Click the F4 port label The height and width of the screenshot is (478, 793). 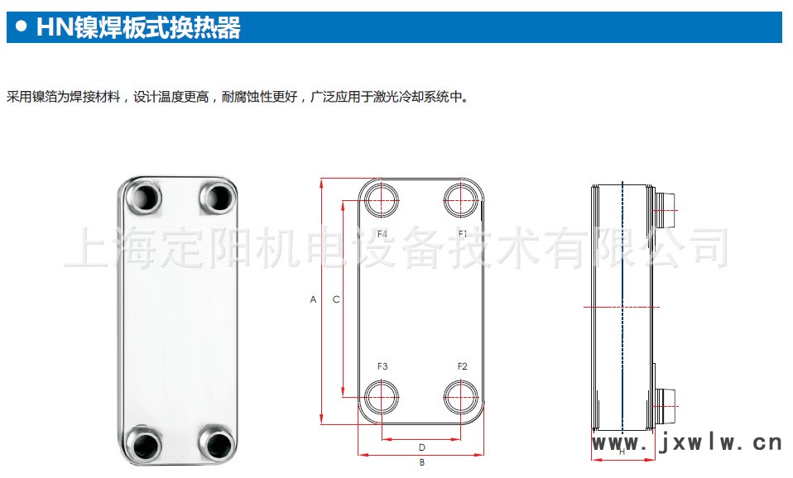382,234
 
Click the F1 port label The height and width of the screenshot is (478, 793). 463,234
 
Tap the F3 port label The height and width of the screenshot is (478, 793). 382,366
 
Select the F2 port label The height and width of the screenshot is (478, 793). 463,366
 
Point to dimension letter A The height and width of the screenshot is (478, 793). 314,299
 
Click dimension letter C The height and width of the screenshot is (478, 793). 336,299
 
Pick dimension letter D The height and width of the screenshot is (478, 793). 421,447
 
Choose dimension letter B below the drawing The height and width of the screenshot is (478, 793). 421,462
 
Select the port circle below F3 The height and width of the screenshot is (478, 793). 381,398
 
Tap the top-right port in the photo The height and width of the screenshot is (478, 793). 218,198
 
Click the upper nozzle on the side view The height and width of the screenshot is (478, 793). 665,206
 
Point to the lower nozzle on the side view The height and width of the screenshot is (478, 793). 665,404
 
